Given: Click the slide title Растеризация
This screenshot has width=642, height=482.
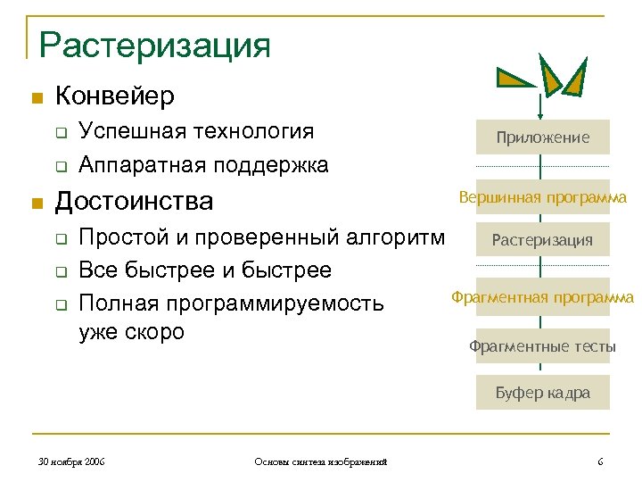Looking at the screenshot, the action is pyautogui.click(x=154, y=44).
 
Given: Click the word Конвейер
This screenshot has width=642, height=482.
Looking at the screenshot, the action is pyautogui.click(x=114, y=95).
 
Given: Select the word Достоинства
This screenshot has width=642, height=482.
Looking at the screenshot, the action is pyautogui.click(x=134, y=202).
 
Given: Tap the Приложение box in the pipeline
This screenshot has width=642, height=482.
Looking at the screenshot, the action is pyautogui.click(x=543, y=137).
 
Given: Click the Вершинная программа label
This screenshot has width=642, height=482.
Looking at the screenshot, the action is pyautogui.click(x=543, y=197).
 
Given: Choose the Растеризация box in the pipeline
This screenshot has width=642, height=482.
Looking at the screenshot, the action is pyautogui.click(x=543, y=239).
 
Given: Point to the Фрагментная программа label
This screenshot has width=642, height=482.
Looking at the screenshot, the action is pyautogui.click(x=542, y=297).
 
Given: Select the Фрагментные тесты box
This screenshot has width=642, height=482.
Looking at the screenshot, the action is pyautogui.click(x=543, y=346).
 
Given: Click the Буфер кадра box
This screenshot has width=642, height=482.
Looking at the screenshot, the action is pyautogui.click(x=543, y=392).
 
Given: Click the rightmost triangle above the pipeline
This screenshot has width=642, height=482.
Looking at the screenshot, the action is pyautogui.click(x=574, y=79).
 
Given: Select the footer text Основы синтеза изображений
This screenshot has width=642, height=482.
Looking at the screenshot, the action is pyautogui.click(x=320, y=461).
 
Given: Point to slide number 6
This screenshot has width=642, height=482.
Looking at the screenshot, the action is pyautogui.click(x=600, y=461).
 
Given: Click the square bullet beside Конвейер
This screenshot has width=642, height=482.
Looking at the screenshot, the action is pyautogui.click(x=37, y=96).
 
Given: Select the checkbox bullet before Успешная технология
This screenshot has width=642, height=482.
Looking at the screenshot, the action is pyautogui.click(x=60, y=134).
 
